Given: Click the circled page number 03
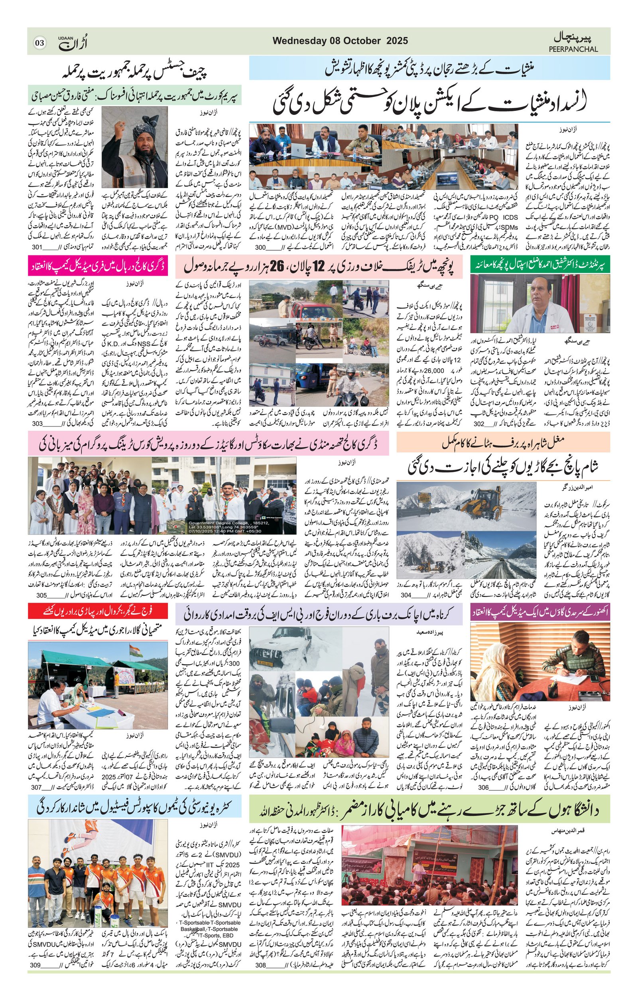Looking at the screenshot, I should point(39,42).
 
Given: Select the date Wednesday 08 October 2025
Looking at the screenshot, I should point(340,41).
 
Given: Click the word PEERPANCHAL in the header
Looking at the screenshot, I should point(573,49).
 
